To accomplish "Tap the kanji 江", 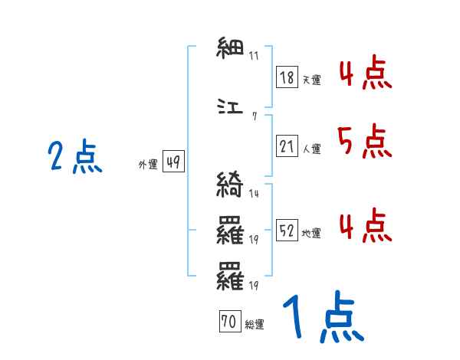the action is click(x=231, y=108).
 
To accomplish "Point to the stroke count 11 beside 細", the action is click(x=254, y=57).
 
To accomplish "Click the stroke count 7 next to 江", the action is click(x=254, y=116).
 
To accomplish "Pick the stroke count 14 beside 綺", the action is click(x=254, y=194).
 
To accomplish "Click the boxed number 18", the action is click(x=287, y=77).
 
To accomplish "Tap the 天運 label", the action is click(x=310, y=80).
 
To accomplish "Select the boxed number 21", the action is click(x=287, y=146).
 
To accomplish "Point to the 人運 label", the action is click(x=311, y=149).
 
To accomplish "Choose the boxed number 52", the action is click(x=287, y=231).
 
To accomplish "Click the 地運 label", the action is click(x=311, y=233).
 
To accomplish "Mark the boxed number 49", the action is click(x=173, y=162).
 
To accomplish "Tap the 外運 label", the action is click(x=147, y=164).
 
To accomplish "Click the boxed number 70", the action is click(x=229, y=322).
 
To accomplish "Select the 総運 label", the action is click(x=254, y=325).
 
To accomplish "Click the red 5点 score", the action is click(x=363, y=141).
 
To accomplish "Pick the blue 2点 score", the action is click(x=75, y=158).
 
